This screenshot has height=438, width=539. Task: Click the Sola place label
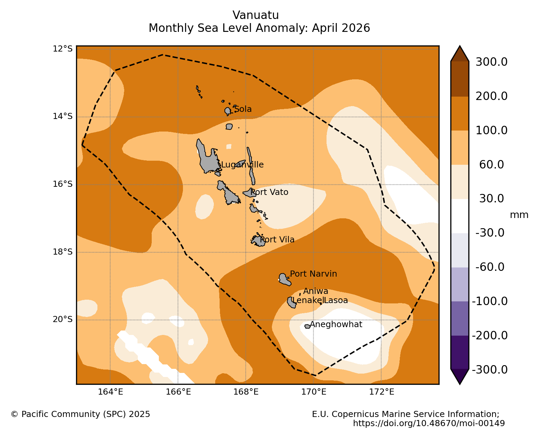243,109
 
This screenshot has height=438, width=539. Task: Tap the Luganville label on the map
242,164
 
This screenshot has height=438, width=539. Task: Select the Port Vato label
269,192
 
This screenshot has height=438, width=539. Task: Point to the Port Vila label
277,240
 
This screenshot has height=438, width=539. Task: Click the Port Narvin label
313,274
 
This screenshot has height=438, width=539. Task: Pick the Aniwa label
316,291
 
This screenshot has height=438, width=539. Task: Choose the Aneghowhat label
336,324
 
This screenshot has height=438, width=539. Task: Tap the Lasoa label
336,300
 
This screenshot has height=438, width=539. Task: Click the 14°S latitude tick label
62,116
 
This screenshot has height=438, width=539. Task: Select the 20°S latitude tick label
62,319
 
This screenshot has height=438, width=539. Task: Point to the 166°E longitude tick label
178,392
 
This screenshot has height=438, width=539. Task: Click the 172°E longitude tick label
382,392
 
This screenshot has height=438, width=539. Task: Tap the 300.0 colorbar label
491,62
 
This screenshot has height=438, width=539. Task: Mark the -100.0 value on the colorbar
490,301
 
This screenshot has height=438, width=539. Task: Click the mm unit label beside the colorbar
519,215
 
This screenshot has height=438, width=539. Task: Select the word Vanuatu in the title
256,15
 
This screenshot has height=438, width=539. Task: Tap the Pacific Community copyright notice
80,414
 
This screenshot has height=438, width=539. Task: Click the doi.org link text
429,423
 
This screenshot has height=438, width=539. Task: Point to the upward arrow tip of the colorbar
460,46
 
